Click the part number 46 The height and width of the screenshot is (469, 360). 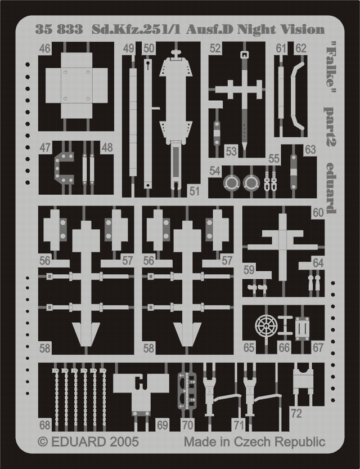[x=45, y=49]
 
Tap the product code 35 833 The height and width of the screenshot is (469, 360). [x=58, y=30]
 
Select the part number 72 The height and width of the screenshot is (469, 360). [x=296, y=414]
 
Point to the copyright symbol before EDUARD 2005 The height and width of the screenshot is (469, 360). [x=43, y=441]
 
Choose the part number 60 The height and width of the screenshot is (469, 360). [x=318, y=213]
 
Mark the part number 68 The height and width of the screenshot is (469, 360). [x=45, y=425]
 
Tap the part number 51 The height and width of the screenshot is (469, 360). [x=194, y=191]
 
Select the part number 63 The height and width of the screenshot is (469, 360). [x=310, y=150]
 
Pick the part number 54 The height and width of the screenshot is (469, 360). [x=215, y=170]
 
